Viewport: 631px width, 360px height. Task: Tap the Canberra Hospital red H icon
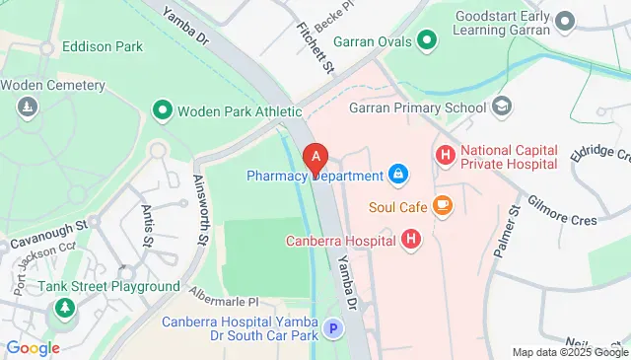point(411,239)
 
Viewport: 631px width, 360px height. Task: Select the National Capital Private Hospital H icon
point(446,155)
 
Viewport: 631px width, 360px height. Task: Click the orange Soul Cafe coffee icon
point(442,206)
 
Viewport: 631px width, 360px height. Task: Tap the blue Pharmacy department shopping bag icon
point(398,176)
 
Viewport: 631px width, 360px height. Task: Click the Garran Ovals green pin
point(426,40)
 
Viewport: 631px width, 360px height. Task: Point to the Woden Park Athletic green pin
point(162,110)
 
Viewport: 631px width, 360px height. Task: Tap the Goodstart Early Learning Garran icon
point(565,20)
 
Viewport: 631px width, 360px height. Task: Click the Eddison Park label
point(102,46)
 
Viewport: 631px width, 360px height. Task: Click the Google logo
point(33,347)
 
